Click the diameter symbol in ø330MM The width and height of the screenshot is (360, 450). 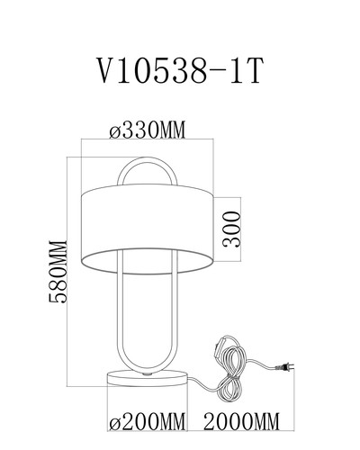[x=114, y=131]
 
